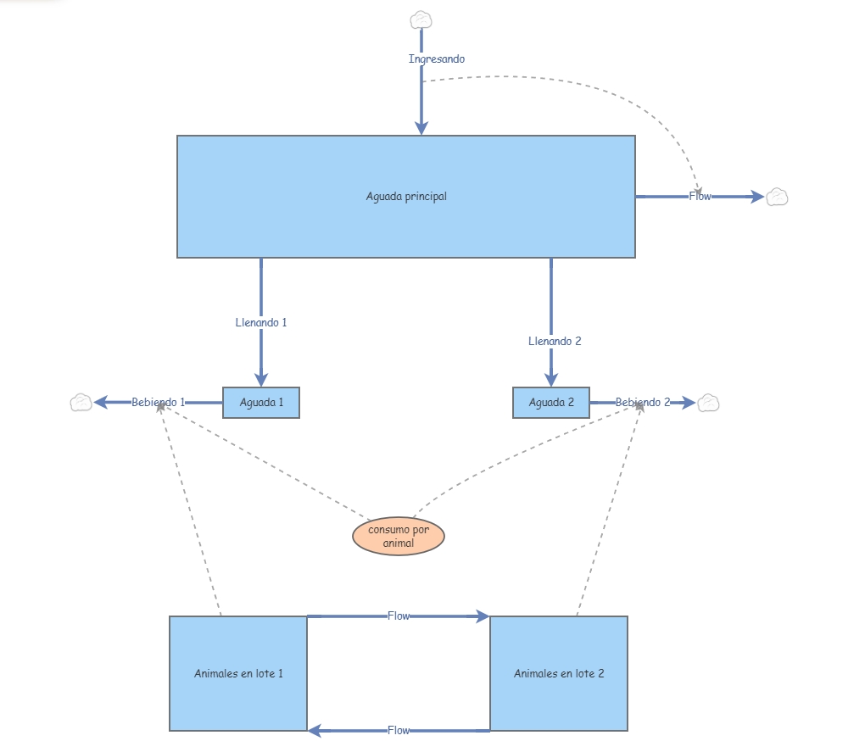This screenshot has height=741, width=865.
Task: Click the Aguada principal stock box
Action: [x=406, y=197]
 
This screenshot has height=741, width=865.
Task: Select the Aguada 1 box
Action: [x=261, y=403]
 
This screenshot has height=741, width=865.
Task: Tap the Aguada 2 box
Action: [x=551, y=403]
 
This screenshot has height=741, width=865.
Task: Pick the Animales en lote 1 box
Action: [x=238, y=673]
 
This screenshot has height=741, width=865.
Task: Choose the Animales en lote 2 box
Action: [x=559, y=673]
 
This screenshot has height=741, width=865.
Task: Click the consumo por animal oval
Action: [x=399, y=536]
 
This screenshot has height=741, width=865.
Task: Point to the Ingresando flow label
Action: [x=437, y=59]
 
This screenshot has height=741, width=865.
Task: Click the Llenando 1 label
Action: [x=261, y=322]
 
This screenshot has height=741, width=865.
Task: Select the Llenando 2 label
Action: [x=555, y=342]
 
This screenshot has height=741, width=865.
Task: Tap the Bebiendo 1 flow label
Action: [x=158, y=403]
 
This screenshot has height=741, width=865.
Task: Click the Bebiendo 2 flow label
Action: [x=643, y=403]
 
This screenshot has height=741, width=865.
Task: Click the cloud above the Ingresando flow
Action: [x=421, y=20]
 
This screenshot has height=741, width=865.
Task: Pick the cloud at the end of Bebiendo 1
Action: [x=81, y=403]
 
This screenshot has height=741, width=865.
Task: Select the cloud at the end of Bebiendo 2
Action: [x=708, y=403]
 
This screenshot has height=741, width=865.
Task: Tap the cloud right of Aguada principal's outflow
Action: [x=778, y=197]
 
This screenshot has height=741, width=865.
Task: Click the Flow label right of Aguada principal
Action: [x=700, y=197]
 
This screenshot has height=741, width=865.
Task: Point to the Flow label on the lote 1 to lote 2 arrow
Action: [x=399, y=616]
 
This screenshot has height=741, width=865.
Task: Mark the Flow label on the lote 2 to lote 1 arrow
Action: [x=399, y=731]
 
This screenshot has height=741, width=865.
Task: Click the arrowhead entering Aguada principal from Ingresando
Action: [x=421, y=128]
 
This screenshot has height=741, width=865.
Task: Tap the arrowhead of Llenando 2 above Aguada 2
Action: [x=551, y=379]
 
